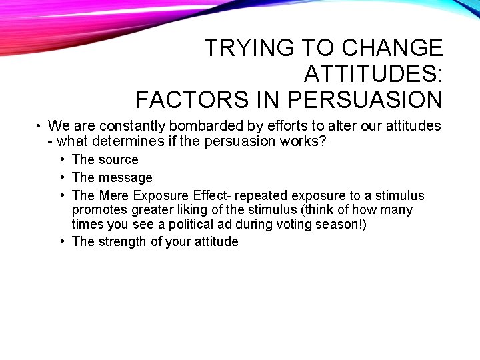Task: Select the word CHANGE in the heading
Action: (392, 48)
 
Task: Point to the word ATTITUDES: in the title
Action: (373, 73)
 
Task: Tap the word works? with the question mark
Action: (303, 141)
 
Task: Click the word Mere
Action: (114, 195)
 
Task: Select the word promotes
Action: (97, 210)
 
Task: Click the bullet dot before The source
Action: (61, 159)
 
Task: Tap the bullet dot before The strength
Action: (61, 241)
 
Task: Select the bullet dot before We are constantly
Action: (40, 126)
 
